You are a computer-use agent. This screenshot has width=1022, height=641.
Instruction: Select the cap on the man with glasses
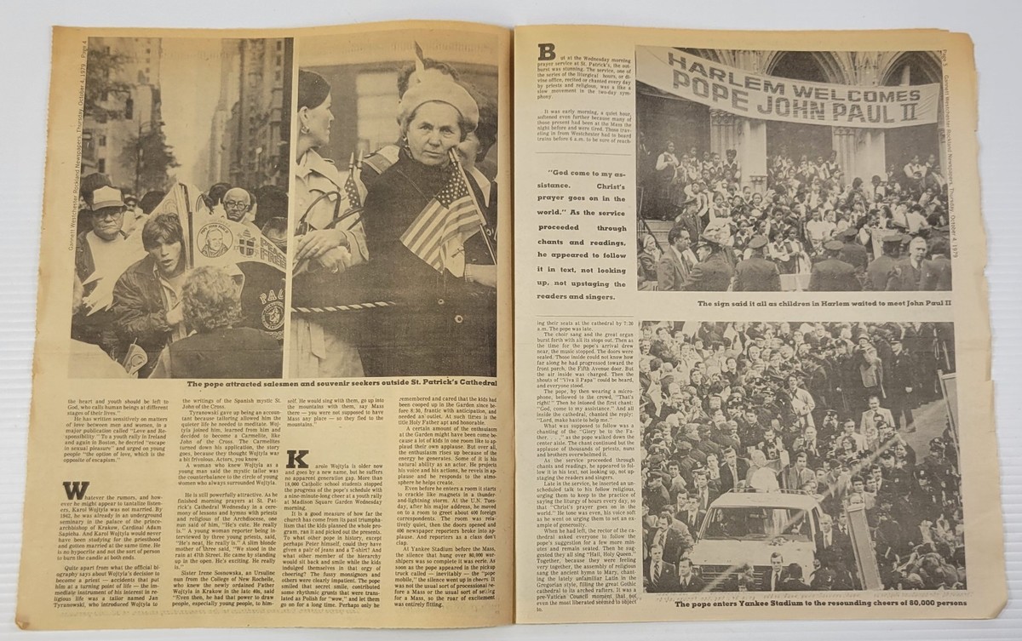click(108, 197)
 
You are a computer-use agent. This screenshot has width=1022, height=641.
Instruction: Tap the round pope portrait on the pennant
click(210, 241)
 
